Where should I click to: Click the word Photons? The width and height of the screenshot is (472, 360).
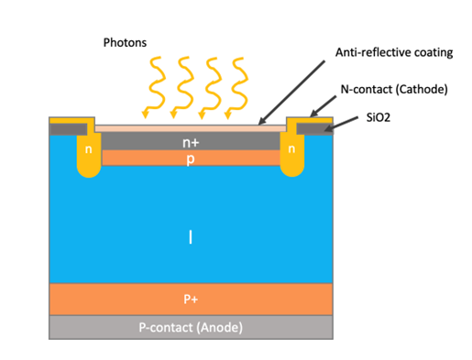tap(125, 43)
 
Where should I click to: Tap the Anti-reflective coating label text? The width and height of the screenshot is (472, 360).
tap(394, 52)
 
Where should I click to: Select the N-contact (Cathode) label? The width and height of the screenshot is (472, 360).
tap(394, 89)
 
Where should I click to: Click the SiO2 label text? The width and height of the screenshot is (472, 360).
tap(379, 117)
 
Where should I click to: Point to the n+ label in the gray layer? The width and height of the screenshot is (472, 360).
tap(191, 143)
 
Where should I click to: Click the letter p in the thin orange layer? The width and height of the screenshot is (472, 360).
tap(191, 158)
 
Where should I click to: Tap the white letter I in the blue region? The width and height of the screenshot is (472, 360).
tap(191, 237)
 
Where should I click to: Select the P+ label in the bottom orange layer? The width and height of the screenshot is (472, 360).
tap(191, 299)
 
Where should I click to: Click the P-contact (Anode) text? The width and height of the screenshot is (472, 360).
tap(191, 327)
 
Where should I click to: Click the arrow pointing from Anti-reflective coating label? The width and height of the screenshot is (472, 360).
tap(291, 93)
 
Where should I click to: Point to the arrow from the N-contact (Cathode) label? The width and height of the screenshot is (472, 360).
tap(323, 106)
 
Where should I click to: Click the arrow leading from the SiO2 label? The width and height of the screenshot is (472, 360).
tap(341, 124)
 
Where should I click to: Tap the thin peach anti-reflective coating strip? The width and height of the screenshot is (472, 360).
tap(191, 128)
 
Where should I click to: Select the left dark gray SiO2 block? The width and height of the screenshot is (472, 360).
tap(69, 129)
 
